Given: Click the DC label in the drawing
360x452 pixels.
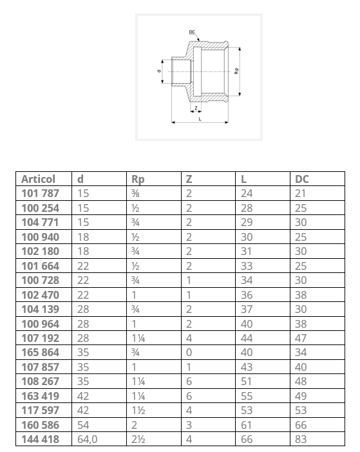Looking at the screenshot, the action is (192, 32).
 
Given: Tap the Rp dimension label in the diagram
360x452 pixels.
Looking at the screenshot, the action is (236, 71).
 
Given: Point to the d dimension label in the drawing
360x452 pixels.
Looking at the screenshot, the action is (159, 71).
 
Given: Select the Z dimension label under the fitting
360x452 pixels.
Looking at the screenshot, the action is (196, 108).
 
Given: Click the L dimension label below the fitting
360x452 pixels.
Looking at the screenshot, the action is (200, 119).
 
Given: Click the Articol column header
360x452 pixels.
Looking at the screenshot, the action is (39, 179).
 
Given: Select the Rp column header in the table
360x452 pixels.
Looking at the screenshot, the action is (138, 180).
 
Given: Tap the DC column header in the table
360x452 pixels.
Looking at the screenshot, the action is (302, 179).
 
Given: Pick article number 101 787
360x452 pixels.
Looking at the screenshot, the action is (40, 193).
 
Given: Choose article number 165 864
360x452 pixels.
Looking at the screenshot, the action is (40, 353).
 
